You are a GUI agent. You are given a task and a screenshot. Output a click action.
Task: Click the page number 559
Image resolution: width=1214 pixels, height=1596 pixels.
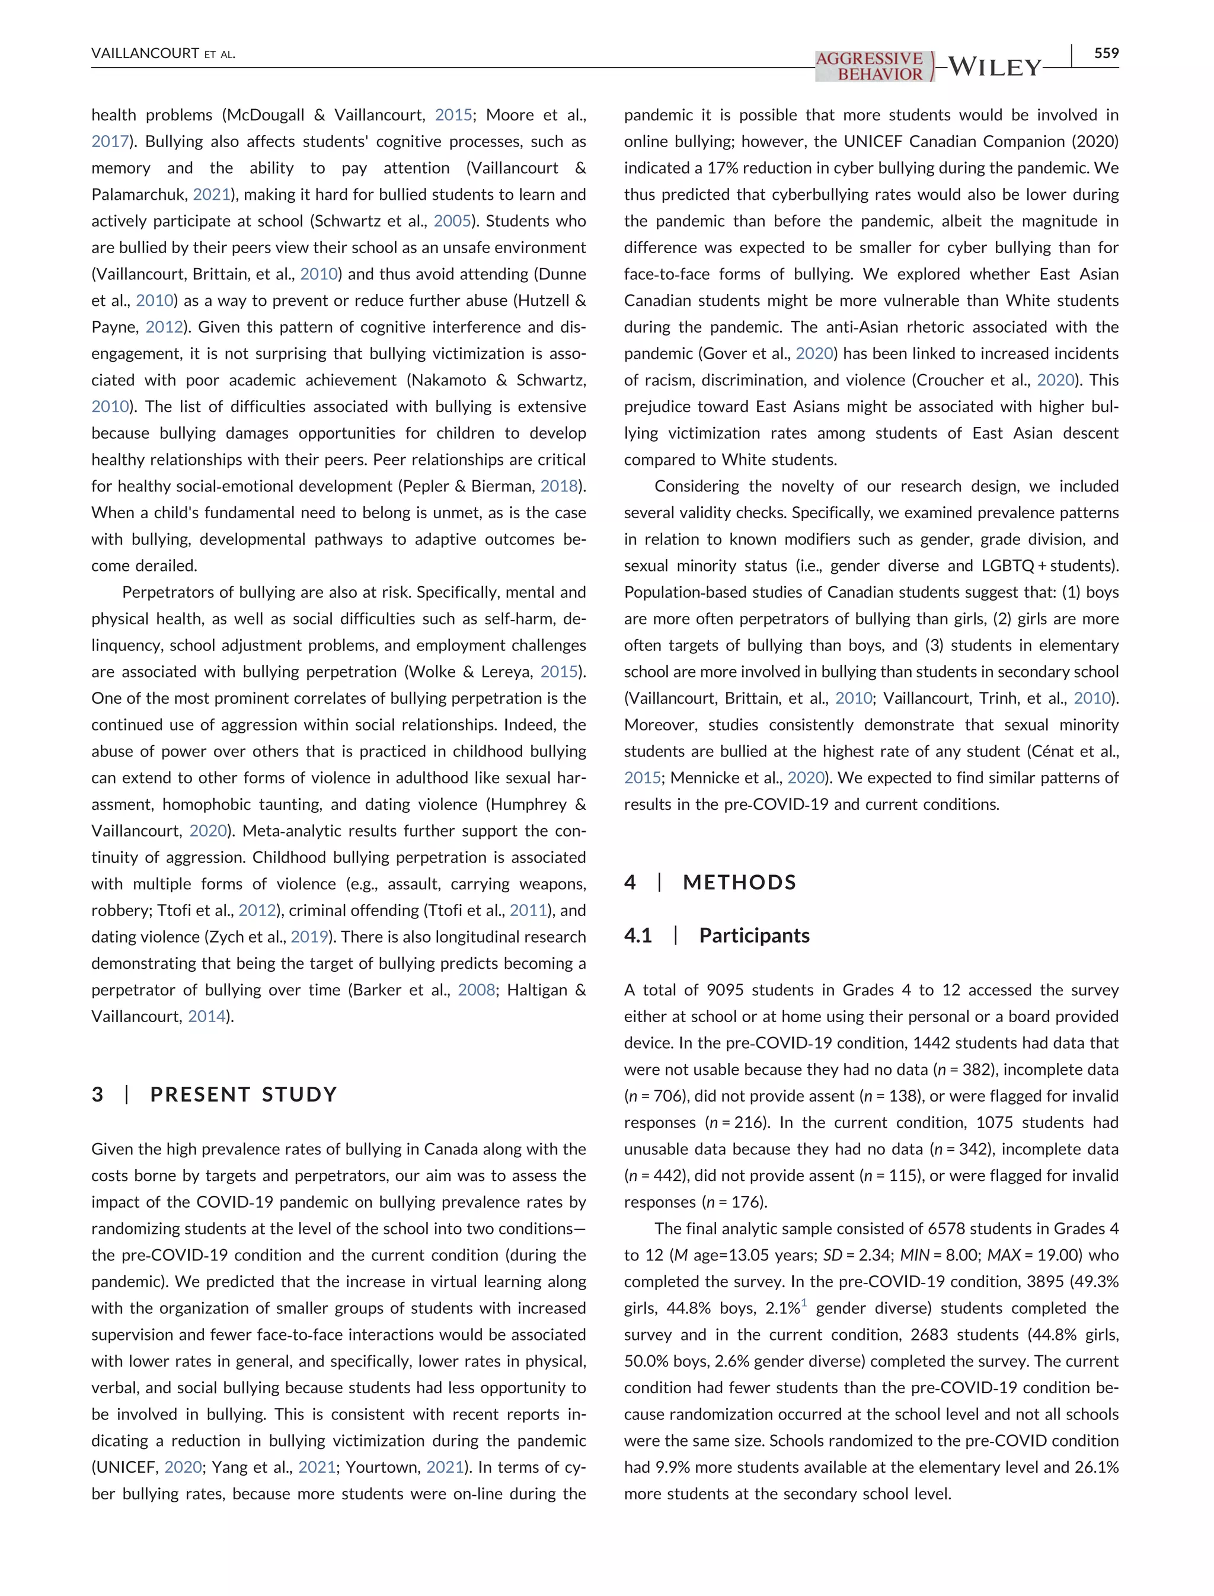[x=1106, y=53]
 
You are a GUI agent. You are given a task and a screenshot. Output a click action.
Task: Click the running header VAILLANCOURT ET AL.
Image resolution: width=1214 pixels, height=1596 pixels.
[x=164, y=53]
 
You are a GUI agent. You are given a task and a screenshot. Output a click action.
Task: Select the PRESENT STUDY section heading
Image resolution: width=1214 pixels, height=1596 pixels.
[x=244, y=1094]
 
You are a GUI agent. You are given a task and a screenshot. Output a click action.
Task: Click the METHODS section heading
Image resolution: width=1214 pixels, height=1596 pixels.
[x=739, y=883]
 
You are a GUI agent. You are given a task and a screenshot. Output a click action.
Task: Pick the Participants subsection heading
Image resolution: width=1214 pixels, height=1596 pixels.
[x=753, y=936]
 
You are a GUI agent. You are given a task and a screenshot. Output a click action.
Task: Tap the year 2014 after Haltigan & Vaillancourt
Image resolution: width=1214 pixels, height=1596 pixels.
[x=207, y=1016]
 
